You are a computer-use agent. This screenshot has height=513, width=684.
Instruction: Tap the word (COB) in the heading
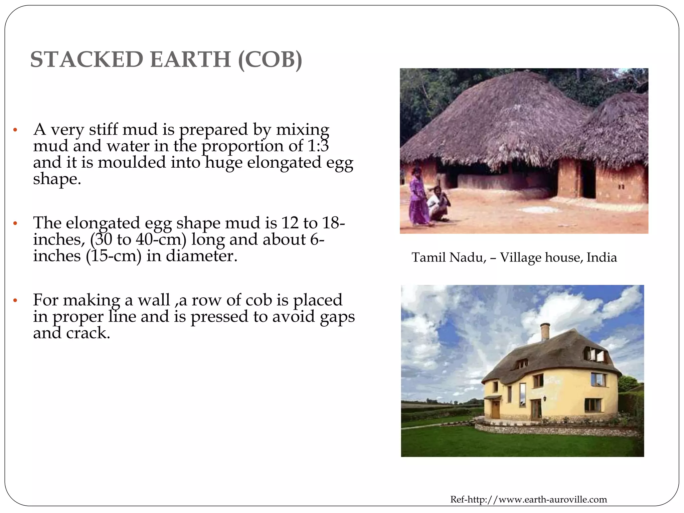[270, 59]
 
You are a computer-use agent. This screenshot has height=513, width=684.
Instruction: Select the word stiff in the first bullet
[103, 130]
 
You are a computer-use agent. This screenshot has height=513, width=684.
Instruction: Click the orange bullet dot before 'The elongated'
[15, 223]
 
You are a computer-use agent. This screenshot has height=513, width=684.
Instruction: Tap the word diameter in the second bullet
[201, 256]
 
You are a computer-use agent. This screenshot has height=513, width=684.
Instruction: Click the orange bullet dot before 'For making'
[15, 301]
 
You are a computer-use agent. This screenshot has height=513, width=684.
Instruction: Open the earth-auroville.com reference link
[528, 500]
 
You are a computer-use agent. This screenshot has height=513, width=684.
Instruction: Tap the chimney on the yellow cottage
[545, 332]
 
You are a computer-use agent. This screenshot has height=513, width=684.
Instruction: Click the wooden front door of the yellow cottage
[495, 409]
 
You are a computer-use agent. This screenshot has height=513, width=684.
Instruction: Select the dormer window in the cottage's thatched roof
[595, 355]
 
